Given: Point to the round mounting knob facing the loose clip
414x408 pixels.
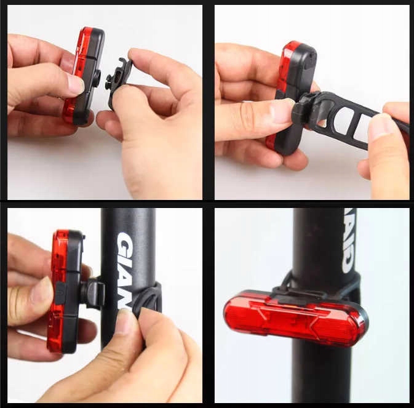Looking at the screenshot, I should (x=97, y=76).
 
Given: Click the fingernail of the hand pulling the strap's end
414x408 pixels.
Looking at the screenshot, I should (x=381, y=127).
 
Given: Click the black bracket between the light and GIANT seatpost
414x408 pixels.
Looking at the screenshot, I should (x=92, y=292).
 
